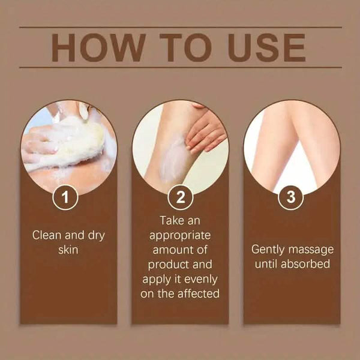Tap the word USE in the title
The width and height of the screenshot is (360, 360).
[x=267, y=48]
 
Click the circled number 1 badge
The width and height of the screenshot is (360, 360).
[x=65, y=197]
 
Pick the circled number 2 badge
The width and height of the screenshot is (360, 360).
[x=180, y=197]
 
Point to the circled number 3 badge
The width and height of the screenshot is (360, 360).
[x=291, y=197]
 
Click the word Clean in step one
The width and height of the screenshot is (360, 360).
[x=47, y=235]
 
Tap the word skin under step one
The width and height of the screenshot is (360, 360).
[x=68, y=250]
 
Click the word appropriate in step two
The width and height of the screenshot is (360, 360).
[x=180, y=236]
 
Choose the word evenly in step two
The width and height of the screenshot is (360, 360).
[x=200, y=280]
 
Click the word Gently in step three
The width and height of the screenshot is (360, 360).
[x=268, y=250]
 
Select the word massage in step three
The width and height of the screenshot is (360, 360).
[x=311, y=250]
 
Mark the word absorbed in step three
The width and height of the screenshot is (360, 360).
[x=305, y=264]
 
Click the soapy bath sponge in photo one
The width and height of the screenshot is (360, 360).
[x=73, y=142]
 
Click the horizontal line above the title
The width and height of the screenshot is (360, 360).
[x=181, y=28]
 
